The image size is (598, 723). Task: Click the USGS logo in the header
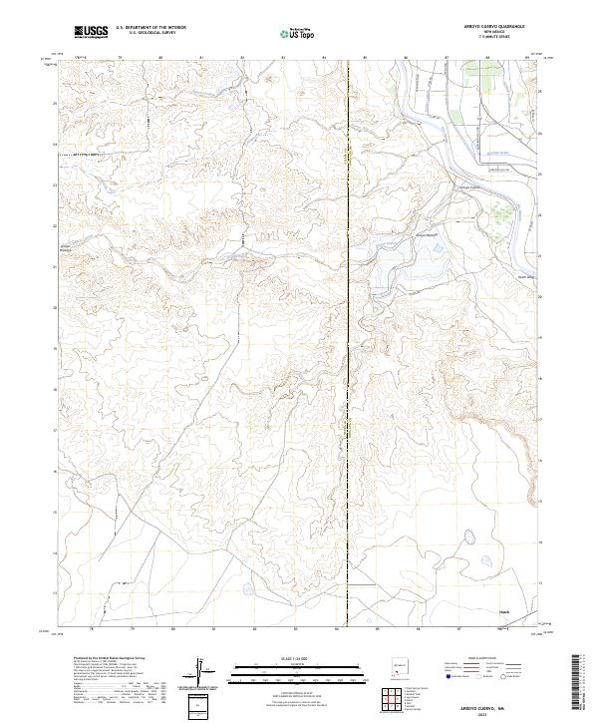coord(91,32)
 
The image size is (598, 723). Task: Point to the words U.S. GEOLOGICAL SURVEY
coord(146,34)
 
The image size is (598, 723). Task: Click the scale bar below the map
coord(294,667)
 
